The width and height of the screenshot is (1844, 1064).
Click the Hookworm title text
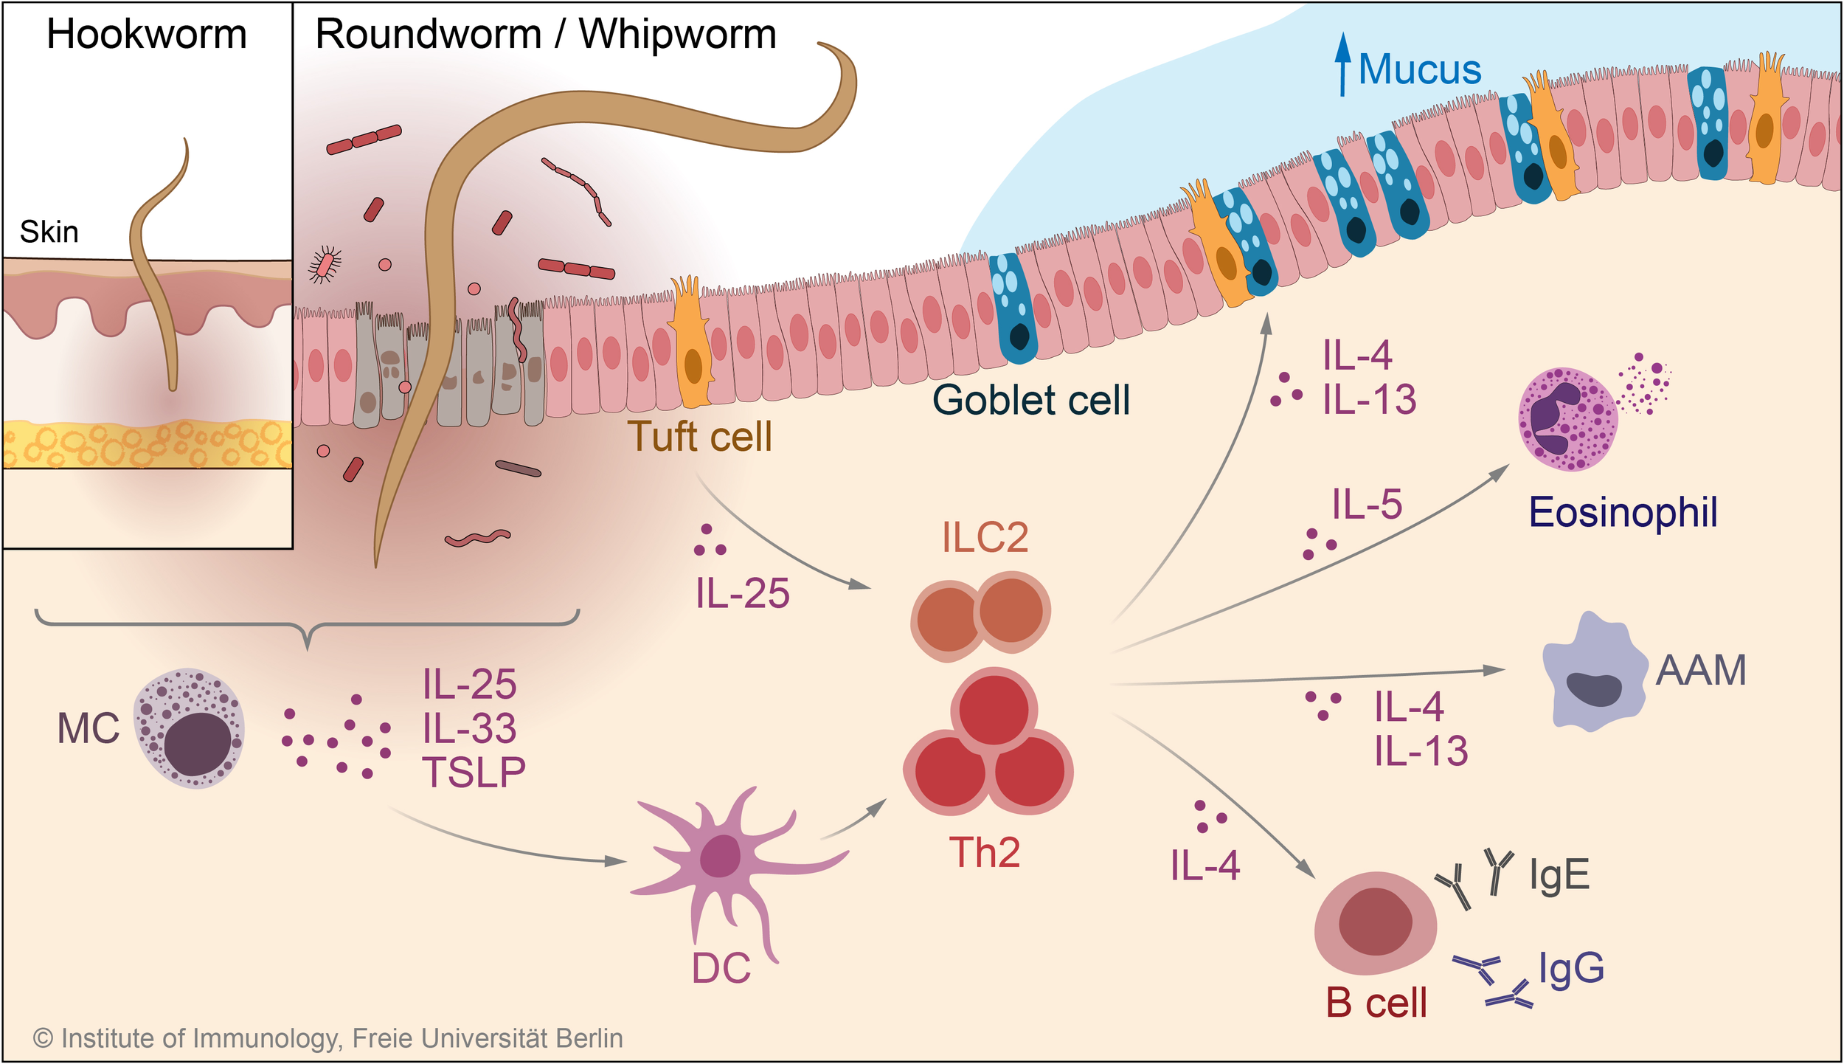pos(147,35)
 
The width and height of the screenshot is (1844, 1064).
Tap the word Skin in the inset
pos(49,232)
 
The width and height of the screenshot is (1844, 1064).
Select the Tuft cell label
pos(699,436)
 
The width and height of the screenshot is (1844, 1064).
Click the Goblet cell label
pos(1030,400)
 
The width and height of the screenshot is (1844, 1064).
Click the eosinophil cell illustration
pos(1567,419)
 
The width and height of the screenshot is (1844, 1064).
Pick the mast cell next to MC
pos(190,728)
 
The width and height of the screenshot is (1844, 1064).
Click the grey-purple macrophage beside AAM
pos(1593,673)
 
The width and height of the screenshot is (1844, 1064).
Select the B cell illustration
pos(1375,922)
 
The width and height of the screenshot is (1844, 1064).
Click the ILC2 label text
pos(985,537)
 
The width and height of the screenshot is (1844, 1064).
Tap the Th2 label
pos(984,852)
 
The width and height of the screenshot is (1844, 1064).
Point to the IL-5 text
pos(1366,505)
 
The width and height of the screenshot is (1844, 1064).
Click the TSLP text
pos(474,773)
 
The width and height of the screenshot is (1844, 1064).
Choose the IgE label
pos(1559,875)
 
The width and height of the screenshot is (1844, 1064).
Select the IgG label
pos(1571,967)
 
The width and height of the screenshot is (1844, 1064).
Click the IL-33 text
pos(469,729)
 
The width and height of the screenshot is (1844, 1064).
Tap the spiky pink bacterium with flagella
pos(325,265)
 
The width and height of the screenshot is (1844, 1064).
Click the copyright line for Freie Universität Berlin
pos(328,1038)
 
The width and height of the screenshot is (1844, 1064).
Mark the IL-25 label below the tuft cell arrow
pos(742,593)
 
